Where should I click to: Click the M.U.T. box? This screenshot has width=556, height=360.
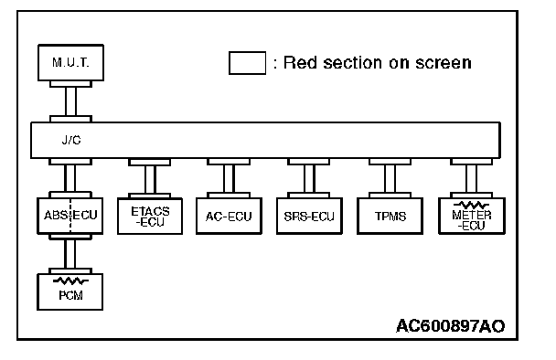click(70, 63)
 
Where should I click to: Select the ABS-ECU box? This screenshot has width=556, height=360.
click(69, 216)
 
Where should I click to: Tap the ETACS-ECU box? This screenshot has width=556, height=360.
click(150, 217)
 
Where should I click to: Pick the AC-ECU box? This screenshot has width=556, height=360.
click(229, 217)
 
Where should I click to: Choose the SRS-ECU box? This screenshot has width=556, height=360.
click(309, 217)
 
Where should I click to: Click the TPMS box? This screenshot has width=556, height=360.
click(390, 217)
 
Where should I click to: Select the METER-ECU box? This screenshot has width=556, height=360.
click(472, 217)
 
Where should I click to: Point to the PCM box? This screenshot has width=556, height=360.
click(69, 292)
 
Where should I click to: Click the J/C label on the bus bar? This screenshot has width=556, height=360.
click(71, 141)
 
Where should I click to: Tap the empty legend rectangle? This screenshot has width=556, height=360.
click(247, 63)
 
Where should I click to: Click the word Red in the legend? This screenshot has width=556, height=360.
click(300, 63)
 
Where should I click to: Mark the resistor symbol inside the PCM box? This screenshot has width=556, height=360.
click(70, 281)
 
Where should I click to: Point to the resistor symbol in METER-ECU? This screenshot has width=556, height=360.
click(471, 206)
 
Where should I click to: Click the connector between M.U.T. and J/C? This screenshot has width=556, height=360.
click(70, 101)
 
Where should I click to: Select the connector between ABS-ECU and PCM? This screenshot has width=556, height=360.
click(69, 254)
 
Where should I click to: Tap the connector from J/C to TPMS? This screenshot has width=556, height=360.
click(390, 178)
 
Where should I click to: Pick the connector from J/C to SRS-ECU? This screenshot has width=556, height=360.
click(309, 178)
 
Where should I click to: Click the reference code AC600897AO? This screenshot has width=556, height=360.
click(450, 326)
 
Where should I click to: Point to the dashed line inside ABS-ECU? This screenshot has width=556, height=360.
click(70, 216)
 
